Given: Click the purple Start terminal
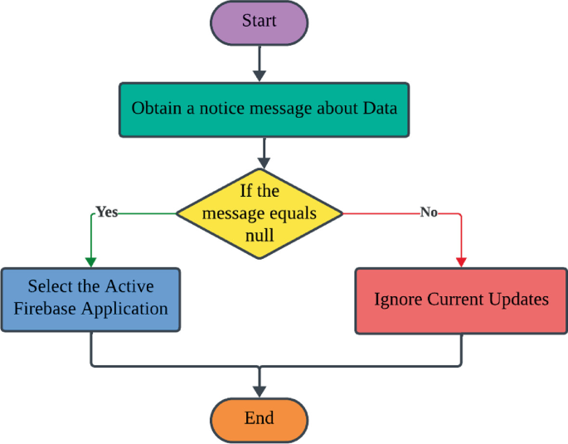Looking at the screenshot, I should coord(259,22).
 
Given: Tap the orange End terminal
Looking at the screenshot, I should coord(259,418).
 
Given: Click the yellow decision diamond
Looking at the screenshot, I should coord(260,213).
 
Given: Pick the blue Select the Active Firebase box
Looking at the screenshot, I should coord(90,299).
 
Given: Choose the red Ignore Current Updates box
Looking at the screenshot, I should coord(461,300).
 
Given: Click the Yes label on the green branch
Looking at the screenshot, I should coord(107,212).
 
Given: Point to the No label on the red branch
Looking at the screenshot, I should coord(428,212).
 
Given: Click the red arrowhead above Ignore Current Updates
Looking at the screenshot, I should coord(461,261).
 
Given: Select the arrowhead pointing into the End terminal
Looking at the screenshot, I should coord(260,392).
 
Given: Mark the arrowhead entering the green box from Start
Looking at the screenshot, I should coord(260,76).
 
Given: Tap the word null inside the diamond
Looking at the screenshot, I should coord(260,235).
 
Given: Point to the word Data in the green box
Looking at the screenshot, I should coord(381,109).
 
